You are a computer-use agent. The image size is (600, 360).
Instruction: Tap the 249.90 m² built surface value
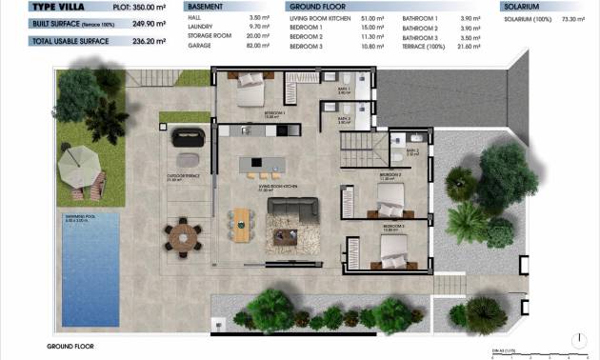(144, 24)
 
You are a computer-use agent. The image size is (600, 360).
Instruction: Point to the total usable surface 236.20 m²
(144, 41)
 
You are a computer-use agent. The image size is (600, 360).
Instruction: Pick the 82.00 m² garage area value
(258, 45)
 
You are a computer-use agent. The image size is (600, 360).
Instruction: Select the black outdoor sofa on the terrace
(187, 136)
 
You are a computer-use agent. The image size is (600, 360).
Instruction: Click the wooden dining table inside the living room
(243, 224)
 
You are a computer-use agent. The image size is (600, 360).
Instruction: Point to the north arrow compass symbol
(581, 337)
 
